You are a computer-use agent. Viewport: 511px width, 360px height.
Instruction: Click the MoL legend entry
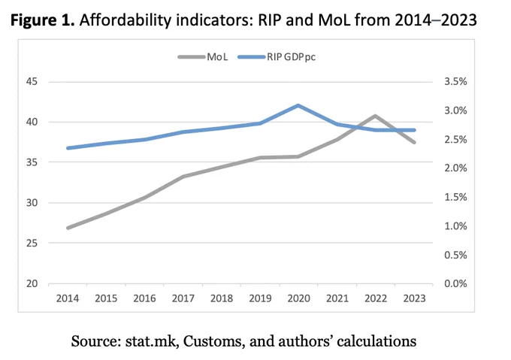click(x=203, y=57)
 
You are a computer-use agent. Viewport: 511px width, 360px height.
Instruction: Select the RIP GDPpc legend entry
click(x=277, y=57)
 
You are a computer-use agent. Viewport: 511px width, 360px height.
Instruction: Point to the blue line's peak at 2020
click(x=298, y=105)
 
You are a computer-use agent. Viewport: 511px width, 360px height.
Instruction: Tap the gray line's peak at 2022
click(x=376, y=116)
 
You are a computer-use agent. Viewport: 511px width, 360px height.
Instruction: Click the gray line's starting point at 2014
click(x=68, y=228)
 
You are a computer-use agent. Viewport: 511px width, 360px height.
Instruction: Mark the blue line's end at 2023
click(x=414, y=130)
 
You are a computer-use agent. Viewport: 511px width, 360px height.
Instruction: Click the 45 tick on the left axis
click(x=32, y=81)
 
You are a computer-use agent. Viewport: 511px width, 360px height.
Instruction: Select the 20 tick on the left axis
click(x=32, y=283)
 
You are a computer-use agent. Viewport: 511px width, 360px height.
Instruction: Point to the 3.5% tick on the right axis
click(x=455, y=81)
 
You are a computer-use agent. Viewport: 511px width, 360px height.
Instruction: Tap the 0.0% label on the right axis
click(x=455, y=283)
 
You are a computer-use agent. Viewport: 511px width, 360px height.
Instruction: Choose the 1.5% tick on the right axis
click(x=455, y=197)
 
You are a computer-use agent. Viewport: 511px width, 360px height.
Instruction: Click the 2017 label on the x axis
click(x=183, y=298)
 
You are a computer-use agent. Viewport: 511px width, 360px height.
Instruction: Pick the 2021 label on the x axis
click(x=337, y=298)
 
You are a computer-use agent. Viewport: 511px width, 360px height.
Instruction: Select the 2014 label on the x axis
click(x=68, y=298)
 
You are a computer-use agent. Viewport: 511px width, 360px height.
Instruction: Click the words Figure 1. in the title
click(x=43, y=20)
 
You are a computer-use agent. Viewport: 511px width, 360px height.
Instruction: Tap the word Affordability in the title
click(x=125, y=20)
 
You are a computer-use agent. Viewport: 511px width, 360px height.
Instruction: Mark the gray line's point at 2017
click(x=183, y=177)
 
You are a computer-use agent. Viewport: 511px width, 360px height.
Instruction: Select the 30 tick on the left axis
click(x=32, y=203)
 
